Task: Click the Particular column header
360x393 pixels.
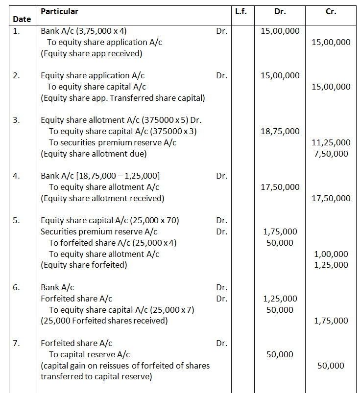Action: [x=59, y=11]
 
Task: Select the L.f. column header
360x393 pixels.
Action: [x=240, y=11]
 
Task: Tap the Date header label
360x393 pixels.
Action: [x=22, y=20]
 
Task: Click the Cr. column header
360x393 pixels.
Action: [x=331, y=11]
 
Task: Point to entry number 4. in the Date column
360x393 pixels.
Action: [x=16, y=176]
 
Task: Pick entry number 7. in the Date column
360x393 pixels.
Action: [x=16, y=343]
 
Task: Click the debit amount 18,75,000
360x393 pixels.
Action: [x=280, y=131]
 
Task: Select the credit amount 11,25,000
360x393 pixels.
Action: [x=331, y=142]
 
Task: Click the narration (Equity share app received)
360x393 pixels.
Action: [x=91, y=53]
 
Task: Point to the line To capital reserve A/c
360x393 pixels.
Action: [x=90, y=354]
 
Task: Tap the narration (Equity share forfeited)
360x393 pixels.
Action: [x=84, y=265]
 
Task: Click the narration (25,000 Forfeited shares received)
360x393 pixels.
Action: [x=104, y=321]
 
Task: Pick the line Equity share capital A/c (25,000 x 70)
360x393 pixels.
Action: [x=110, y=220]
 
